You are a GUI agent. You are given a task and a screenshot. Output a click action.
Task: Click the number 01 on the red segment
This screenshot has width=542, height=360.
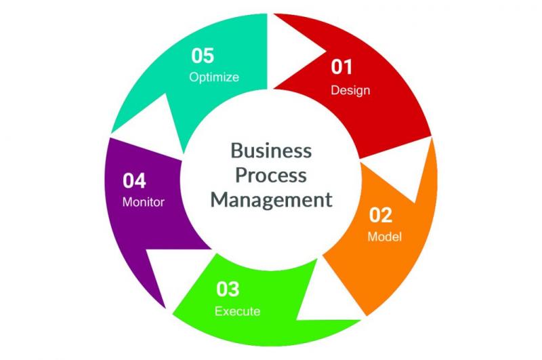pos(341,66)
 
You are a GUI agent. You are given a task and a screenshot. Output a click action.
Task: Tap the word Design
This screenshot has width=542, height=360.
pos(350,91)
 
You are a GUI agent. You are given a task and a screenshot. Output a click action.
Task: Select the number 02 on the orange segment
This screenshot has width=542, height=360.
pos(381,215)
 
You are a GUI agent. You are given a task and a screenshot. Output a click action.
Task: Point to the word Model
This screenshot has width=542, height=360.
pos(384,237)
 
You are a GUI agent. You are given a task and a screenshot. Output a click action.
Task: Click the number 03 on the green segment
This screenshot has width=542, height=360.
pos(228,289)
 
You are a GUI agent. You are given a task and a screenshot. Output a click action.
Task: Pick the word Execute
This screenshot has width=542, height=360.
pos(238,311)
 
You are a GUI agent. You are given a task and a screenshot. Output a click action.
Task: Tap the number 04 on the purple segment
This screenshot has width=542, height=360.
pos(134,180)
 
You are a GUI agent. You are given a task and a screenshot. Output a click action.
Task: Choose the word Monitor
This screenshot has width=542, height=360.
pos(144,202)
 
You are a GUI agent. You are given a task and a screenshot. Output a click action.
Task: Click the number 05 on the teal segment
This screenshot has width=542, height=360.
pos(203,56)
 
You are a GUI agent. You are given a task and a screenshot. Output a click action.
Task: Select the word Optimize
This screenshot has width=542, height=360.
pos(214,77)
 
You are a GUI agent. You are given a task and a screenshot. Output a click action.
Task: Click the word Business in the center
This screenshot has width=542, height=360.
pos(271,151)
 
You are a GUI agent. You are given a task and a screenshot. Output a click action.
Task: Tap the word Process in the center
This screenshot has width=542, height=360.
pos(271,175)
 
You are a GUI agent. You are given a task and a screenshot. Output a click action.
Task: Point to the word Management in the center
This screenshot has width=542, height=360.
pos(272,200)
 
